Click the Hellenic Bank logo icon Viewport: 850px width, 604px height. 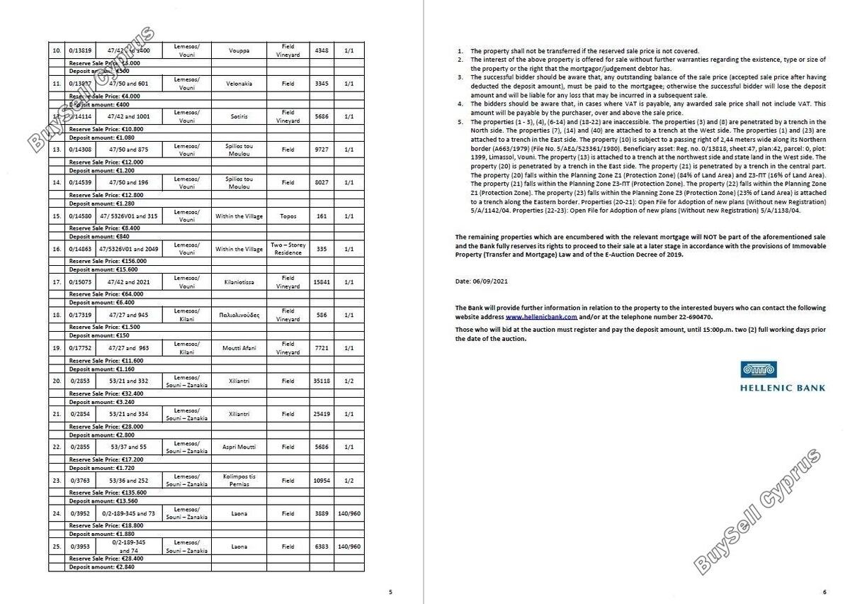coord(759,369)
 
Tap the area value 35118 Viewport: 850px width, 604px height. coord(322,381)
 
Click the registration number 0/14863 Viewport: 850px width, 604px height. coord(79,249)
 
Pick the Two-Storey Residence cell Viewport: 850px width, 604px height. coord(288,249)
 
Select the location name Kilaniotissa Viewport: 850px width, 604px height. coord(239,282)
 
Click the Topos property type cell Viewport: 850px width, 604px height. coord(288,216)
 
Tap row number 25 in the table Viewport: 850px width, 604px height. coord(57,547)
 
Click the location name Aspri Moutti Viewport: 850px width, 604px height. coord(239,447)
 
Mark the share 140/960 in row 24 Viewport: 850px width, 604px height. coord(349,513)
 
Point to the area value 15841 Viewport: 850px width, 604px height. coord(322,282)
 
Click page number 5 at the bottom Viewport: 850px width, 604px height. coord(390,592)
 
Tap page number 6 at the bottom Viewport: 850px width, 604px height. coord(824,592)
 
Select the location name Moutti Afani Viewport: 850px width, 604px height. coord(239,348)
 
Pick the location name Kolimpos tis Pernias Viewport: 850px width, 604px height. coord(239,481)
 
